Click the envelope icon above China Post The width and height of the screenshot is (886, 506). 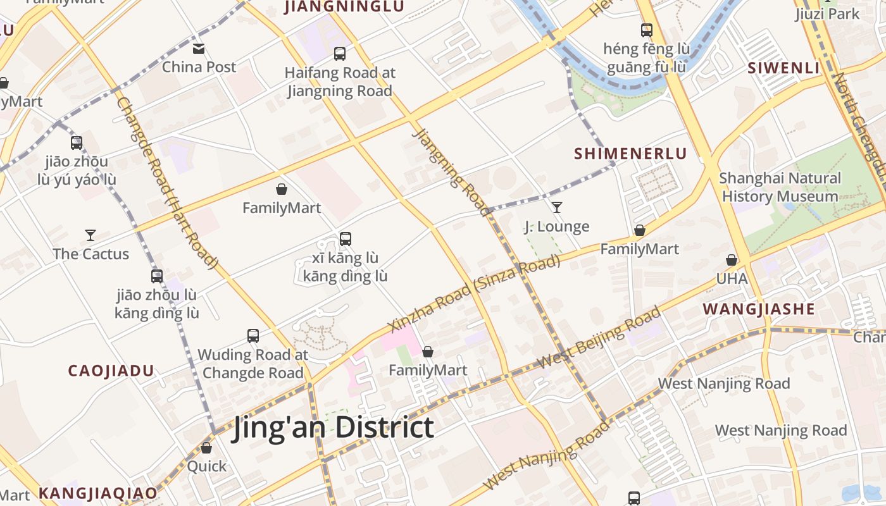point(199,49)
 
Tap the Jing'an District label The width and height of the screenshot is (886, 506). point(333,427)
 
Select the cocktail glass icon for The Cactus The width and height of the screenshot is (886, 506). point(90,235)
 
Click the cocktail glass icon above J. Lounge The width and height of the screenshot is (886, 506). point(557,207)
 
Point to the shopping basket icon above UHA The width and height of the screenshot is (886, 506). point(732,260)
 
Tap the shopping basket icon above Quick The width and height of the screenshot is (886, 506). point(206,448)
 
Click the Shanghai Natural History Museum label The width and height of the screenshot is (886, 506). point(780,187)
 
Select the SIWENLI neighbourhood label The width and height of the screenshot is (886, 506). point(783,68)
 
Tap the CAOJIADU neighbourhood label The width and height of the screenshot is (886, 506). point(111,371)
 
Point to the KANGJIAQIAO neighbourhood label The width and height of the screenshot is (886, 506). point(97,493)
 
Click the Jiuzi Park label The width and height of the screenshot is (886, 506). point(827,14)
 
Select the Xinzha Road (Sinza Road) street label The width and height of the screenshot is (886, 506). point(475,293)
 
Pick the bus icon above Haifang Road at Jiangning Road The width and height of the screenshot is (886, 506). point(340,54)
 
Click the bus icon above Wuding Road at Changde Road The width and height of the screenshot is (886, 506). point(253,336)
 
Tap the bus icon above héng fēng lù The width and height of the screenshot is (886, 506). point(646,30)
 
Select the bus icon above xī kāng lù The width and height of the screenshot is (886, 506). point(345,239)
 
